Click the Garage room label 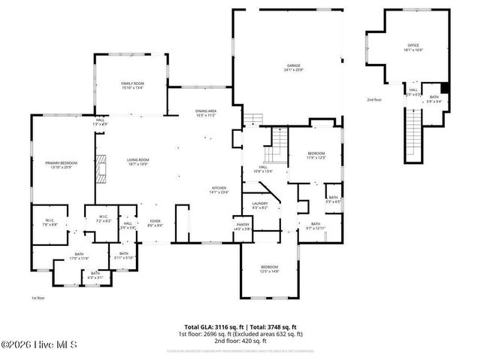293,68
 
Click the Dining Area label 206,113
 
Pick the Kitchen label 219,189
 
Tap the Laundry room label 260,205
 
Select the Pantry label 243,226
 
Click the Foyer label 156,223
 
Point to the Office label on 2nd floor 413,47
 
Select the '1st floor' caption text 39,299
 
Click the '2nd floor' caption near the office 374,99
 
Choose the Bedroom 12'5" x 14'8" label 269,269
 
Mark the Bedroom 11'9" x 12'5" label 316,157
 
